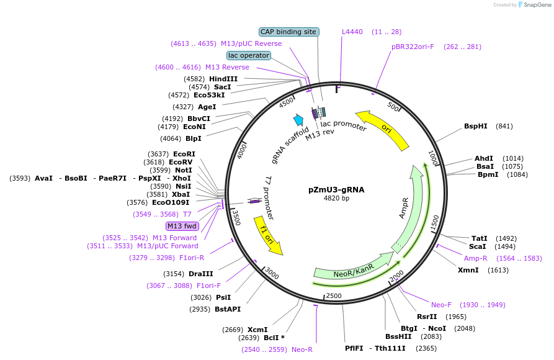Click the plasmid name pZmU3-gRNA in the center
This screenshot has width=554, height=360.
point(337,189)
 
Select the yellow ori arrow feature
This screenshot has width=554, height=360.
point(384,129)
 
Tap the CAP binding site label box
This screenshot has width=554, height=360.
point(288,32)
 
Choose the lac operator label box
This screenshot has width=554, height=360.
point(249,55)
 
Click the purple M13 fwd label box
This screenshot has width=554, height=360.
point(182,226)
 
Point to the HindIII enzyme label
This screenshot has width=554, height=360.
point(223,79)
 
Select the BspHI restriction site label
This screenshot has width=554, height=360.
point(480,126)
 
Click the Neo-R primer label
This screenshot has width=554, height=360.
point(302,349)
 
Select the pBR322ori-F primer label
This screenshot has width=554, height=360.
point(413,47)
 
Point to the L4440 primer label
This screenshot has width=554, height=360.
point(352,32)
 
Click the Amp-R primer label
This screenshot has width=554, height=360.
point(476,258)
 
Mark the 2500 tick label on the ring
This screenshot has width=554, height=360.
point(334,295)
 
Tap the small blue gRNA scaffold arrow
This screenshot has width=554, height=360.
point(298,120)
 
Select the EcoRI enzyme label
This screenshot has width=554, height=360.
point(184,154)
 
